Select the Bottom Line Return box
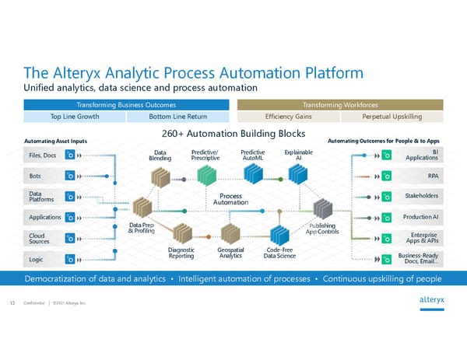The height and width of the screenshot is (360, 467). (x=179, y=116)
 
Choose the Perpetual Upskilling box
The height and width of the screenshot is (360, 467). (x=392, y=116)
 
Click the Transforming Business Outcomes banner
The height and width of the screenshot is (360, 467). (x=124, y=103)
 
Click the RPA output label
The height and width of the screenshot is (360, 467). (x=432, y=176)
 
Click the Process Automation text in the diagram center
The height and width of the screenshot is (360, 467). (x=232, y=199)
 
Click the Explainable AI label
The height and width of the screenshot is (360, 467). (x=299, y=155)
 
